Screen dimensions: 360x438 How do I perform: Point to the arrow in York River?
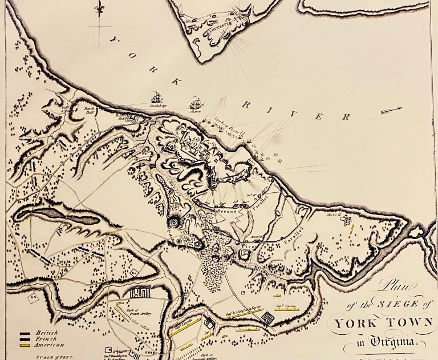point(391,110)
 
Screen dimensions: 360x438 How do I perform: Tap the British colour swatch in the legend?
point(25,333)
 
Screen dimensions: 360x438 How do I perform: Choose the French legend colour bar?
point(25,339)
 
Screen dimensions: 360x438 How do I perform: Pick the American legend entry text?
point(48,345)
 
